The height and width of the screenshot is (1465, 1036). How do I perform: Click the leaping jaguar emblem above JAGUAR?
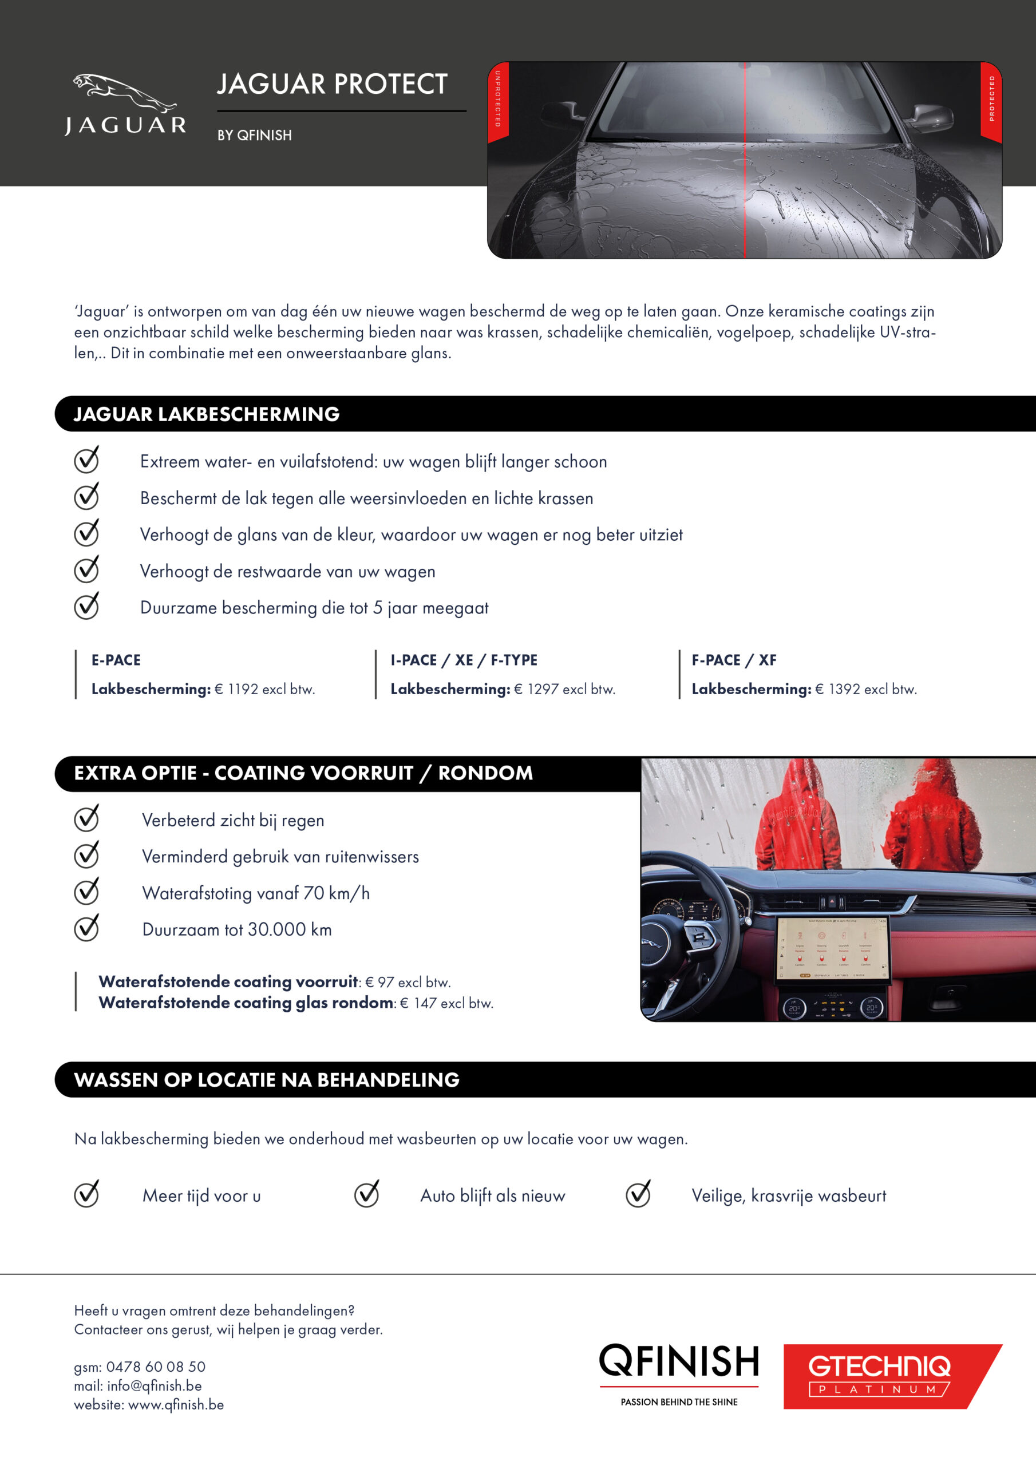click(x=124, y=92)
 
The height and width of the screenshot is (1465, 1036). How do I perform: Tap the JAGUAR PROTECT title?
click(x=332, y=84)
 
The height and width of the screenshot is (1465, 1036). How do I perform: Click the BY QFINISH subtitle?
click(x=254, y=135)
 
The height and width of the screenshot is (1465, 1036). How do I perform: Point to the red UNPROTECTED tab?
click(x=498, y=100)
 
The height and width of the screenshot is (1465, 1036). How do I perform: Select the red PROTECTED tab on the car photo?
click(x=991, y=100)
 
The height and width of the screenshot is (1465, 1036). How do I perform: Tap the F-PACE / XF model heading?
click(x=734, y=660)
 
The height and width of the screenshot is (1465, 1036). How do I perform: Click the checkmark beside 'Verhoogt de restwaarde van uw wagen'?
click(x=86, y=569)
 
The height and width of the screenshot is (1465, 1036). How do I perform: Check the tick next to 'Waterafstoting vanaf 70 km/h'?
click(x=86, y=891)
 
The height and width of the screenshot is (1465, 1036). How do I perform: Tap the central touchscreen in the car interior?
click(x=832, y=948)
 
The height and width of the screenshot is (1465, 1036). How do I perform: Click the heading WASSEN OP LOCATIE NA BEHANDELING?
click(x=267, y=1080)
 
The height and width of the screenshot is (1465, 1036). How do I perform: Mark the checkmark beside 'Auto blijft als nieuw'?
click(x=367, y=1194)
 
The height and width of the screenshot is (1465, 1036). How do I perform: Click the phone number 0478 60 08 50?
click(x=156, y=1367)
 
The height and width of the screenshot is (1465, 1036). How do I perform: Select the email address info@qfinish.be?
click(x=155, y=1386)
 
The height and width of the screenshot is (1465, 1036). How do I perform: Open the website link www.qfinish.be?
click(x=176, y=1404)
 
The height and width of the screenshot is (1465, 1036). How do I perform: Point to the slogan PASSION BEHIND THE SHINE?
click(x=679, y=1402)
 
